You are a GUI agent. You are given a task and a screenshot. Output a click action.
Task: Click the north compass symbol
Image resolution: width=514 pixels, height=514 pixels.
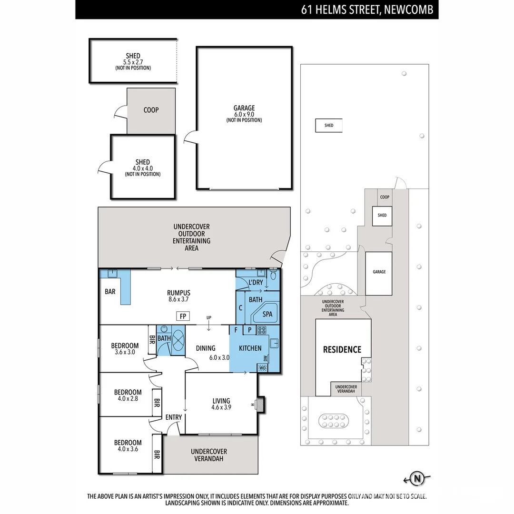coord(417,478)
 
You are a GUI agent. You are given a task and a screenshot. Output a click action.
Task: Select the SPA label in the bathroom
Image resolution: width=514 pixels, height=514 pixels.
coord(267,314)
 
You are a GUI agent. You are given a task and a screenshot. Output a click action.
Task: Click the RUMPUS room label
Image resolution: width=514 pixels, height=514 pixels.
coord(178,293)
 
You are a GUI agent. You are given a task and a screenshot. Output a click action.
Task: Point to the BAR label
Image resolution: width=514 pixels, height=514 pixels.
coord(110,292)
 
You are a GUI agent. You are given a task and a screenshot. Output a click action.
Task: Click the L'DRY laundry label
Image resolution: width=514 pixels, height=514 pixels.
coord(256,283)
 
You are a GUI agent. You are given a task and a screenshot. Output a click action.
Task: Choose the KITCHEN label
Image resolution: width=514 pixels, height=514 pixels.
coord(250,348)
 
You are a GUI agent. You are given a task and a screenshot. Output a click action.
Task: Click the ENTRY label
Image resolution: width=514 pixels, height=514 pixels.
coord(174,417)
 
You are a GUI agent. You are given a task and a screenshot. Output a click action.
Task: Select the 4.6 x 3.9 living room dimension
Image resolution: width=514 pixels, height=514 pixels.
coord(221,407)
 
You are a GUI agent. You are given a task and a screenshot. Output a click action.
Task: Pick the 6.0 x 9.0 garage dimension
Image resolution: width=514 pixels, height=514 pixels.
coord(244,114)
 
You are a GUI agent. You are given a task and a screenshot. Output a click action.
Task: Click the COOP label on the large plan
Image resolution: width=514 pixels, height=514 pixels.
coord(151,110)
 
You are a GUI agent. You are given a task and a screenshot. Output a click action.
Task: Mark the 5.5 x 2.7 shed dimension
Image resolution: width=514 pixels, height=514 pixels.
coord(133,62)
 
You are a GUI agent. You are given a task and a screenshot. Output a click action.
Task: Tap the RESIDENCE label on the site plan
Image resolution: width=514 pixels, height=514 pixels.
coord(342,349)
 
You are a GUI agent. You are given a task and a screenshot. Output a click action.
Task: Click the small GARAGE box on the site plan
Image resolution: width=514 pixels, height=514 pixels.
coord(379,272)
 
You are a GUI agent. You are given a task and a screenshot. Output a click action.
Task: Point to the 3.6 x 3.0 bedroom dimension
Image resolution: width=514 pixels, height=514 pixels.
coord(125,352)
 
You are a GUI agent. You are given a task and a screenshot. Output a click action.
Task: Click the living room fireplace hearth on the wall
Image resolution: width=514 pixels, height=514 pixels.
coord(260,405)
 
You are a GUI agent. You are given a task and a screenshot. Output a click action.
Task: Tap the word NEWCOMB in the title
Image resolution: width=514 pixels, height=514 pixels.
coord(411,10)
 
